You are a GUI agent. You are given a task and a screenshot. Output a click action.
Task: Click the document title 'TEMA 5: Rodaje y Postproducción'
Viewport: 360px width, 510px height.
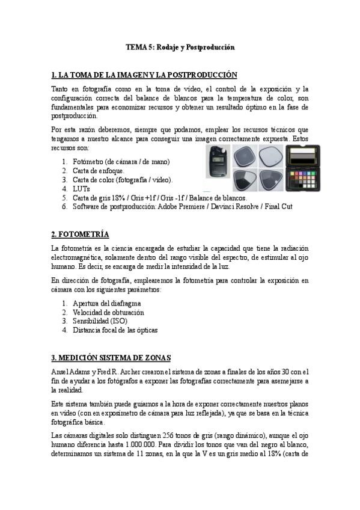coord(180,47)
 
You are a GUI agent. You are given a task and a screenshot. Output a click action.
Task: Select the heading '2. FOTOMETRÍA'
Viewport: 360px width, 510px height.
coord(81,234)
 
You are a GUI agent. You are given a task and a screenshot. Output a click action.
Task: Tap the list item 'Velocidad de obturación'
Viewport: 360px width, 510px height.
coord(108,313)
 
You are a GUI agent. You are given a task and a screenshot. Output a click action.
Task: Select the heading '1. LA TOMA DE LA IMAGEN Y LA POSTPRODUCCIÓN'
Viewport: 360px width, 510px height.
coord(144,75)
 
